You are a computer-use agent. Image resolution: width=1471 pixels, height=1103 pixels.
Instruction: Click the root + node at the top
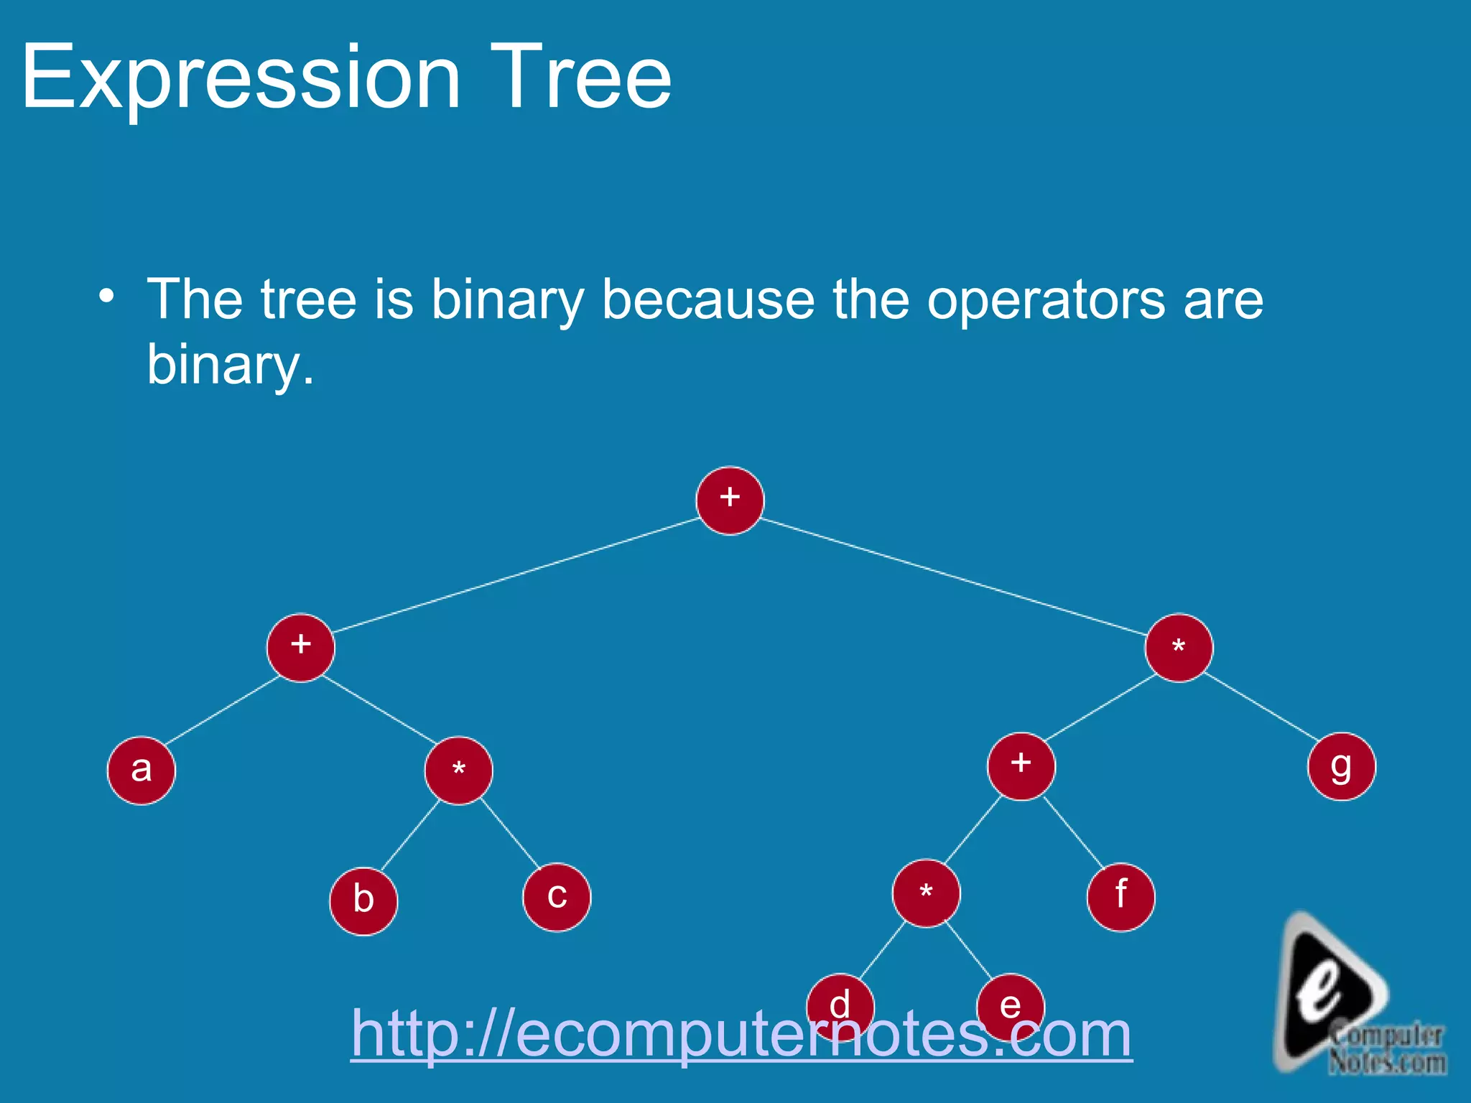point(730,501)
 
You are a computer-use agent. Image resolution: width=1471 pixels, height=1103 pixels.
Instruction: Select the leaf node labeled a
point(141,771)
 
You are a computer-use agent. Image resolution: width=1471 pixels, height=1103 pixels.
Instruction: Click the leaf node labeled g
point(1341,766)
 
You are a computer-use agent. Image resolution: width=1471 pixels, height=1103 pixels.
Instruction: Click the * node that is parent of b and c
point(458,771)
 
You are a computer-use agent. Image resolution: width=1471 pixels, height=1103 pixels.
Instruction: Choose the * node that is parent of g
point(1179,648)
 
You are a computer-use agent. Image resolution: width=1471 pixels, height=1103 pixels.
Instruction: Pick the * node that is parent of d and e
point(926,893)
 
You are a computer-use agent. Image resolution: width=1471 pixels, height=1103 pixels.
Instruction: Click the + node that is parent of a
point(300,648)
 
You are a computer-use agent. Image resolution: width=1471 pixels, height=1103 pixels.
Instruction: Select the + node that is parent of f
point(1021,766)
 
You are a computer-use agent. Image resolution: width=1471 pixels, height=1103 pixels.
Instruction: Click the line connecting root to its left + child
point(515,574)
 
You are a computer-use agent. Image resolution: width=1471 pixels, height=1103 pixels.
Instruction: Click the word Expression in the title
point(241,78)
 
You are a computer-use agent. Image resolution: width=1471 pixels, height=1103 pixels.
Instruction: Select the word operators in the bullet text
point(1046,300)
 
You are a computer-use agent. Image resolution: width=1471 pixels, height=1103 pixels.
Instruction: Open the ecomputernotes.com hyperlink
point(741,1034)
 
